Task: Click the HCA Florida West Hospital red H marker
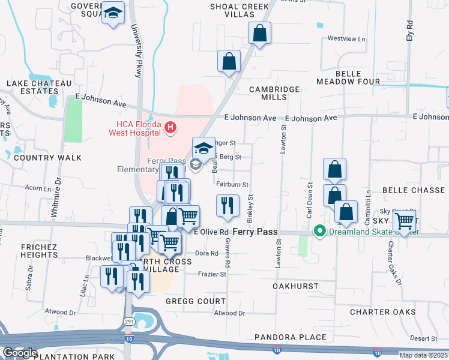pos(171,127)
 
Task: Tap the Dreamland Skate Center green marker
pos(321,230)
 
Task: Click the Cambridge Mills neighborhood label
pos(275,93)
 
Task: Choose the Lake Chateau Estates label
pos(39,88)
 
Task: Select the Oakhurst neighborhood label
pos(295,286)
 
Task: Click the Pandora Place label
pos(291,338)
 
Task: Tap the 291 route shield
pos(128,321)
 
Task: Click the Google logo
pos(19,353)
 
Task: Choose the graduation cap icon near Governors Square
pos(113,13)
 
